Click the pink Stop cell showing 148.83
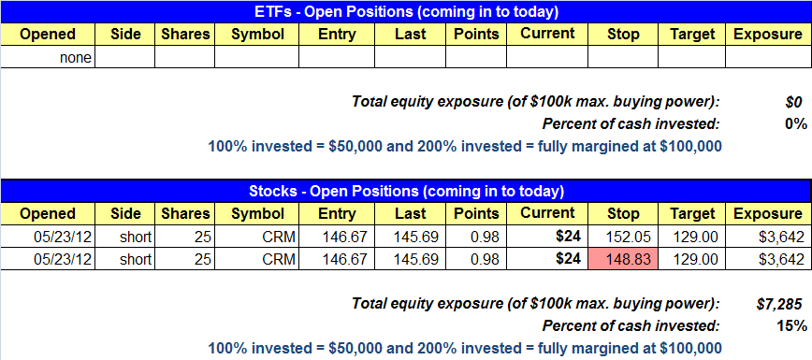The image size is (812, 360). pyautogui.click(x=623, y=259)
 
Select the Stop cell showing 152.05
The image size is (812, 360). pyautogui.click(x=623, y=238)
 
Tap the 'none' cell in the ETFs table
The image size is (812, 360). pyautogui.click(x=48, y=58)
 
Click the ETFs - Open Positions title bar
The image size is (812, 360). pyautogui.click(x=406, y=11)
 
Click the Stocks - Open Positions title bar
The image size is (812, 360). pyautogui.click(x=406, y=191)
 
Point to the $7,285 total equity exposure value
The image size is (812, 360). pyautogui.click(x=781, y=304)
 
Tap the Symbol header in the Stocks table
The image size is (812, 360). pyautogui.click(x=257, y=214)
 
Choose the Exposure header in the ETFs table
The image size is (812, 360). pyautogui.click(x=768, y=35)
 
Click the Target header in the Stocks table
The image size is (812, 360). pyautogui.click(x=691, y=214)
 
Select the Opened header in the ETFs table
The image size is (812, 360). pyautogui.click(x=48, y=35)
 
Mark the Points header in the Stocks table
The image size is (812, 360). pyautogui.click(x=476, y=214)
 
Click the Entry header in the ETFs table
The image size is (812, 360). pyautogui.click(x=337, y=35)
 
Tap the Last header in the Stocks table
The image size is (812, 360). pyautogui.click(x=410, y=214)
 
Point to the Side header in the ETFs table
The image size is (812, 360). pyautogui.click(x=125, y=35)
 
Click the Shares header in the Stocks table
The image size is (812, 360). pyautogui.click(x=185, y=214)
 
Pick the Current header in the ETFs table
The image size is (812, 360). pyautogui.click(x=547, y=35)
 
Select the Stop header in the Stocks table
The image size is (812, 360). pyautogui.click(x=623, y=214)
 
